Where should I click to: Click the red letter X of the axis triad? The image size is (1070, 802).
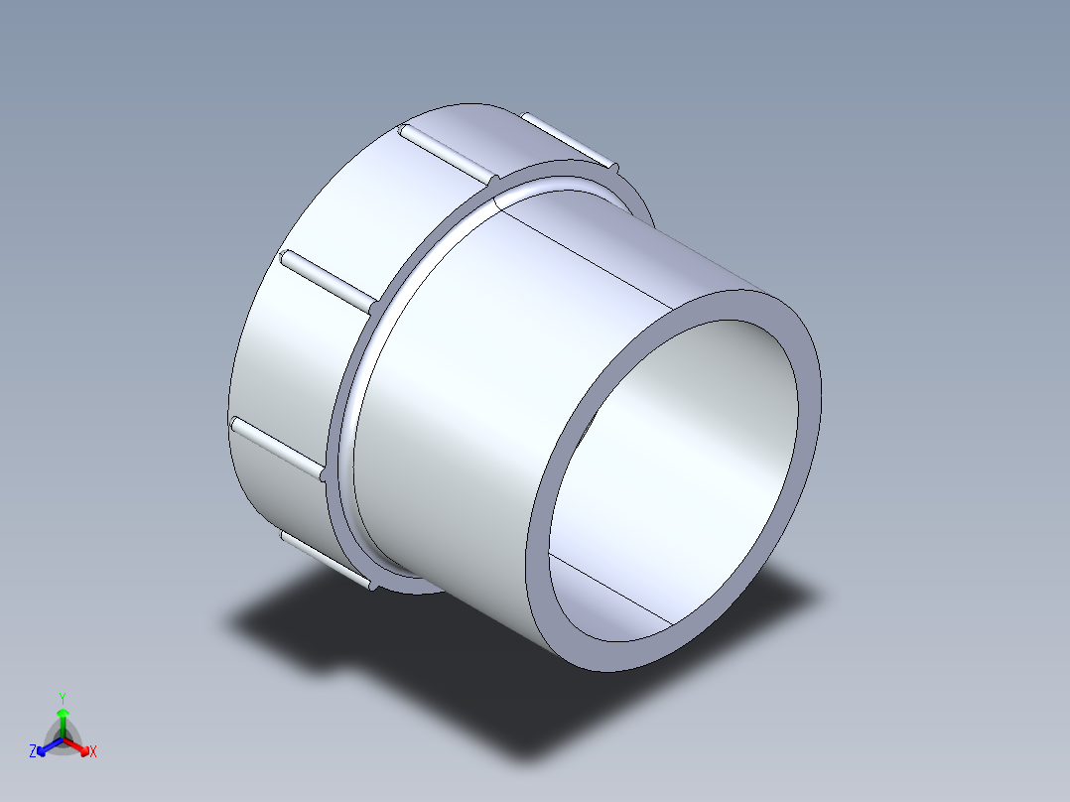93,752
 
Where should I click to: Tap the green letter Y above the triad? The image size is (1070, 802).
62,698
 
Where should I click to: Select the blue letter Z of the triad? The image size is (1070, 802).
33,752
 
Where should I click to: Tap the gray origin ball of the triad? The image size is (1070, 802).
63,739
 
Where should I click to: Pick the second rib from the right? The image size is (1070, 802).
447,155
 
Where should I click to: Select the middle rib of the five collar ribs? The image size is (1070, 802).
328,279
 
